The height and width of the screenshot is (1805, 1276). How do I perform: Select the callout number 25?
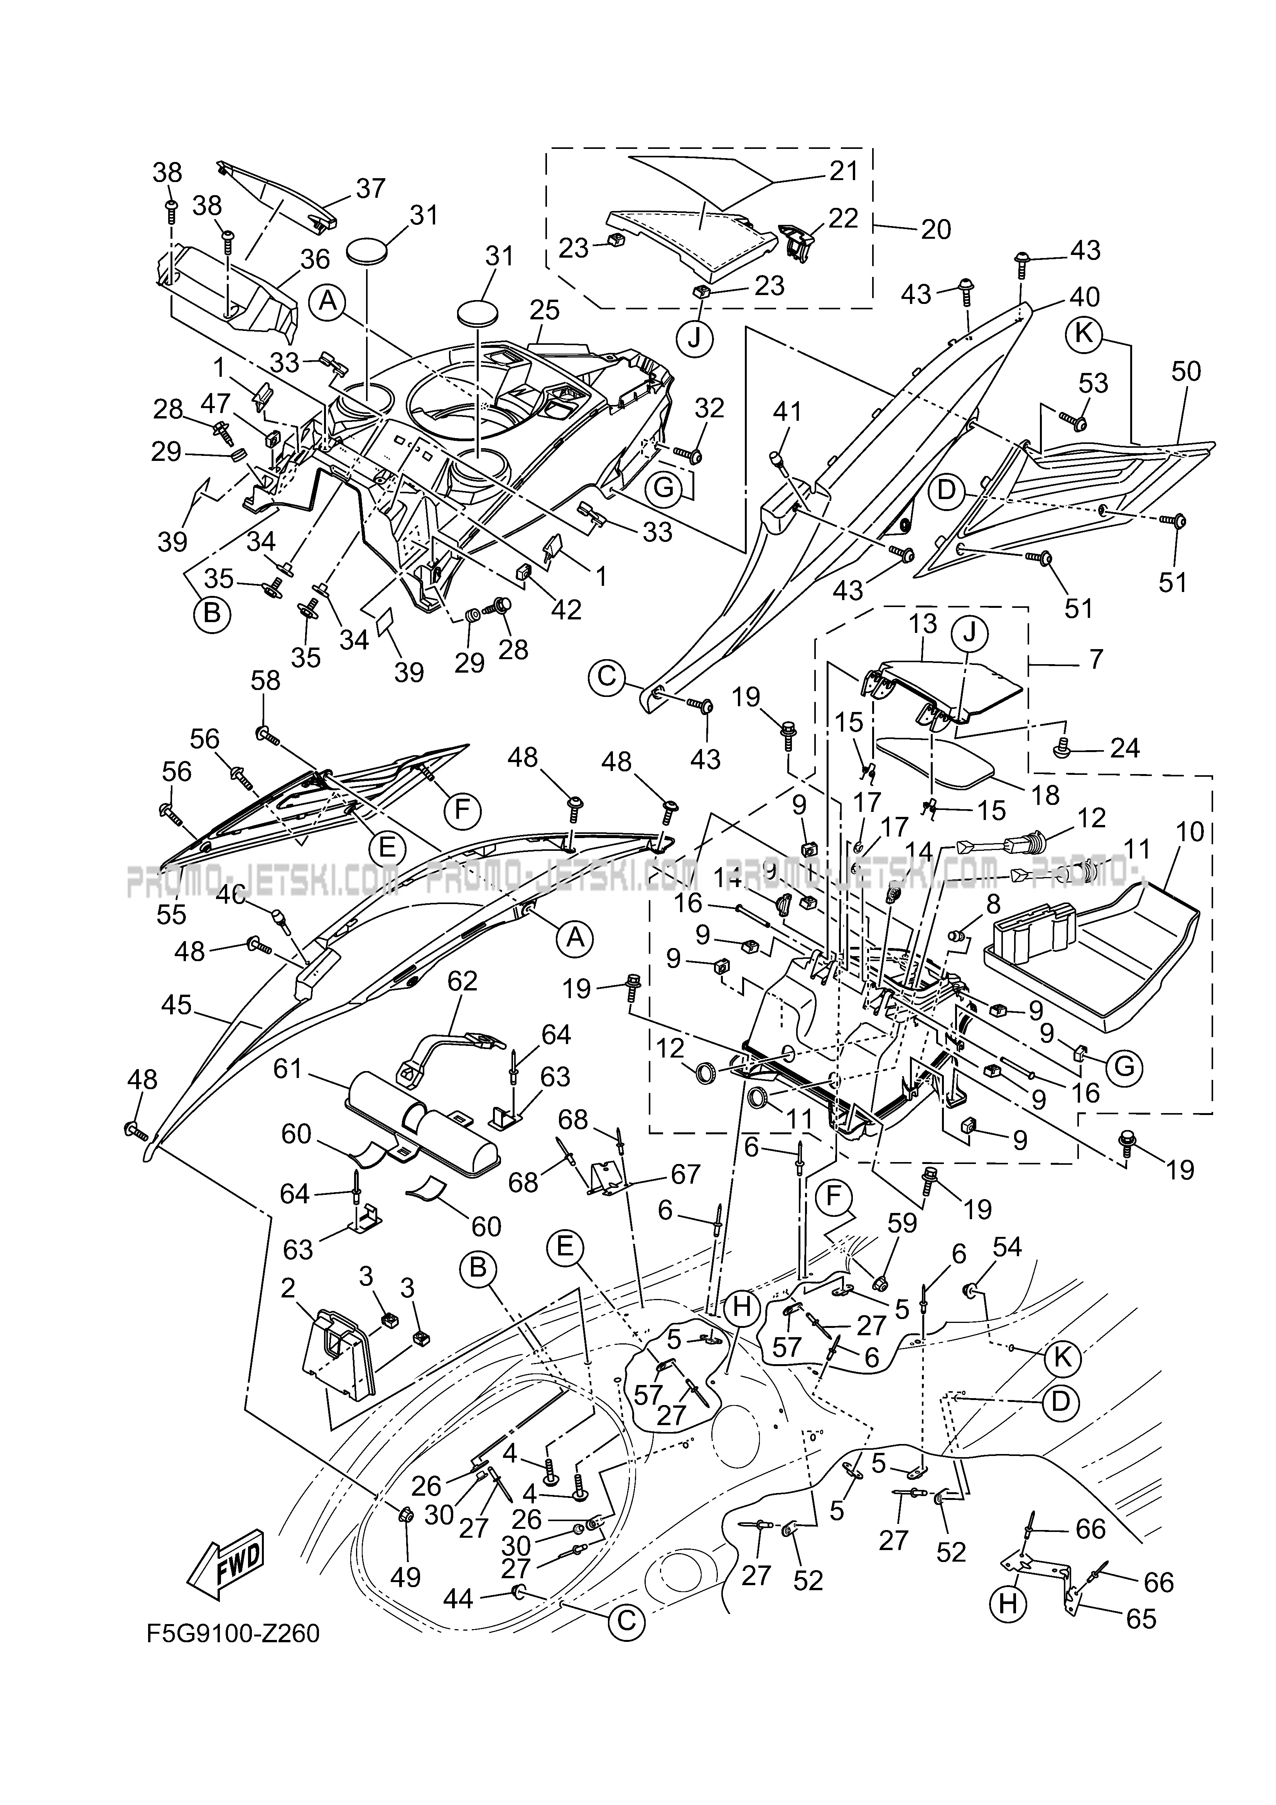pyautogui.click(x=545, y=310)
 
